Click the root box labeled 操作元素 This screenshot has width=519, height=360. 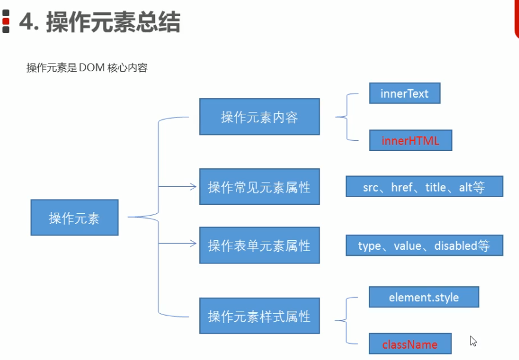74,217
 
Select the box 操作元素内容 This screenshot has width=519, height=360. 260,117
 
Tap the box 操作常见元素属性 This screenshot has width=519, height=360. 260,187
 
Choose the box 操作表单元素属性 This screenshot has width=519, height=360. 260,246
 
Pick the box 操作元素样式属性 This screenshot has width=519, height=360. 260,316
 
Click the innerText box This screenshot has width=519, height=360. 405,93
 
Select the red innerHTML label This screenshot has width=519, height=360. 411,141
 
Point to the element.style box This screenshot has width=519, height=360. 424,297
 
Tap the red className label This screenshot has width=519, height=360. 410,345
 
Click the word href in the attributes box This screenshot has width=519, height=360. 402,187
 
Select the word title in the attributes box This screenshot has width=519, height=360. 436,187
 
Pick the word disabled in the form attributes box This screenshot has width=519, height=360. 456,246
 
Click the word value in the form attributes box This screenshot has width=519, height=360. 408,246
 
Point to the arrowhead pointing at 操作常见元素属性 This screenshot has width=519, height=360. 193,187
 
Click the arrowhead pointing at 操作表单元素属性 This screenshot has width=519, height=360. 193,243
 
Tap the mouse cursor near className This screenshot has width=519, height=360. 473,341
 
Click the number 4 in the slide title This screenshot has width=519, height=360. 27,22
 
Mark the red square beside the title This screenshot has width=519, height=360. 5,22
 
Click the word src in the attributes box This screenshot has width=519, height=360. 371,188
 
